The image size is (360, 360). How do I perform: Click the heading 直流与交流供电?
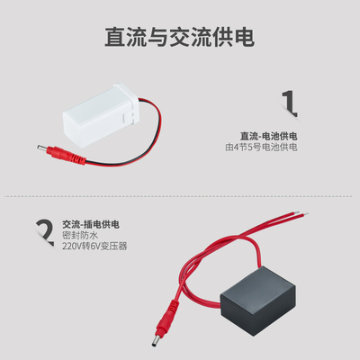(x=179, y=37)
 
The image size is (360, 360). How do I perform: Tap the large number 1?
(x=288, y=102)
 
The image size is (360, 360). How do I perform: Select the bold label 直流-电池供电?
(x=268, y=136)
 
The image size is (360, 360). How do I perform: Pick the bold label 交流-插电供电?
(x=91, y=223)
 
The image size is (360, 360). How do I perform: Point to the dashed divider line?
(x=179, y=194)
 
